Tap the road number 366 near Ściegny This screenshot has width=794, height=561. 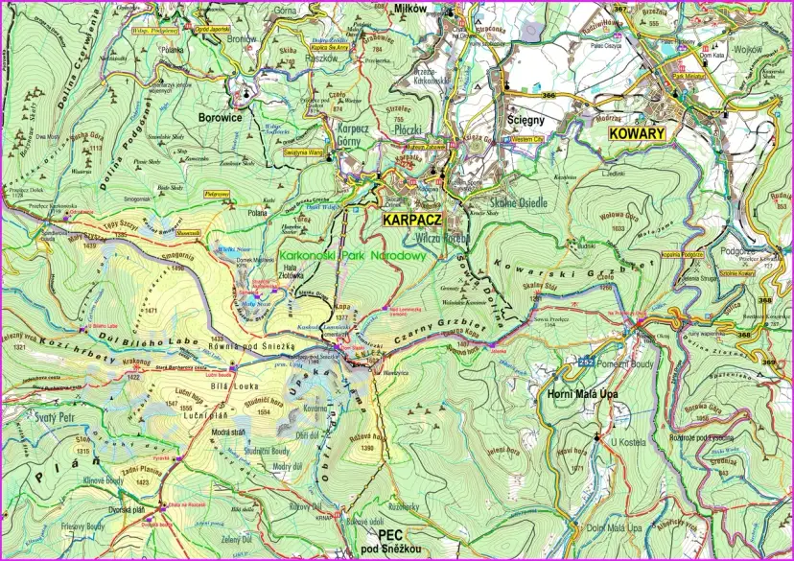[549, 95]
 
